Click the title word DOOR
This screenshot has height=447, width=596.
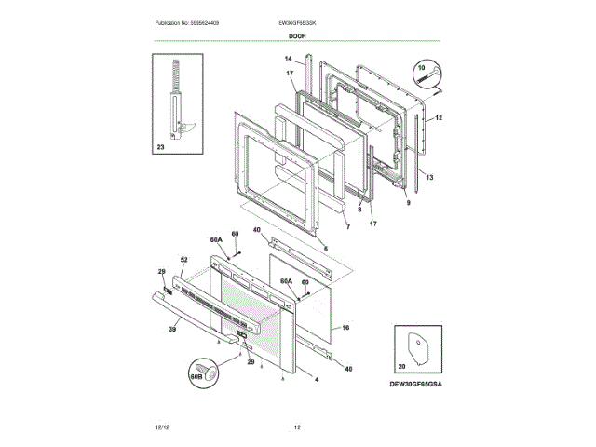[x=297, y=35]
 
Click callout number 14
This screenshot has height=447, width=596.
[x=288, y=59]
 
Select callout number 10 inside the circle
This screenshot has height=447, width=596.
[x=419, y=68]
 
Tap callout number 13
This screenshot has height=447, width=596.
[x=430, y=176]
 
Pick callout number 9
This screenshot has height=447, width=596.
[x=407, y=202]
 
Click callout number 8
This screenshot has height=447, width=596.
[x=359, y=210]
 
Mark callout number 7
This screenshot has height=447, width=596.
[x=346, y=226]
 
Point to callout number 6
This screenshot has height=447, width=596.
[x=325, y=248]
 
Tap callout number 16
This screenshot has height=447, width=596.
[x=345, y=328]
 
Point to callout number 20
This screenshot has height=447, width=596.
[x=402, y=367]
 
